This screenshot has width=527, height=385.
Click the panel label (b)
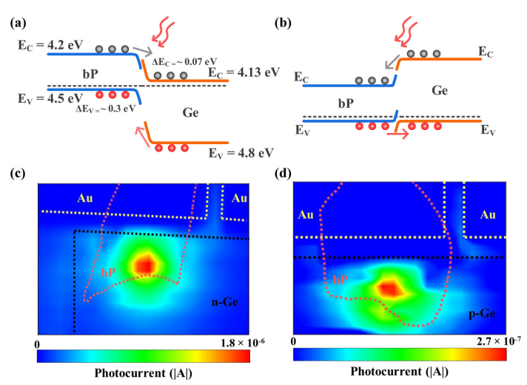click(287, 21)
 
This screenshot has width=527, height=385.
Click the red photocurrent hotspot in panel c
click(145, 264)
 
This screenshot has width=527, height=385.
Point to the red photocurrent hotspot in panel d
click(388, 289)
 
